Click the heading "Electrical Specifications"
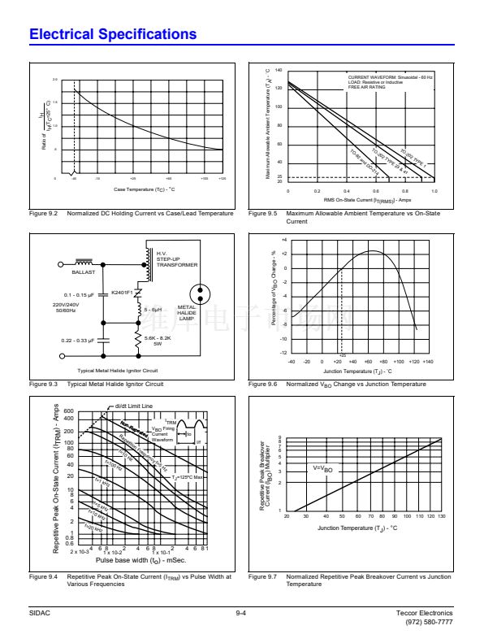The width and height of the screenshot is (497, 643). tap(113, 34)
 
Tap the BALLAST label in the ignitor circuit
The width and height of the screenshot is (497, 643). tap(85, 272)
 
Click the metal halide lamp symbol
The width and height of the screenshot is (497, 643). tap(200, 293)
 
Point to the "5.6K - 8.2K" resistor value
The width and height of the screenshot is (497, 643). tap(158, 338)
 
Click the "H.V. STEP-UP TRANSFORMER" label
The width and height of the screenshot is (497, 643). tap(177, 259)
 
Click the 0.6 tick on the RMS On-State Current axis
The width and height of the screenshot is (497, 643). tap(376, 191)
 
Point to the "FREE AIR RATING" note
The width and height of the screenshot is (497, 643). tap(367, 87)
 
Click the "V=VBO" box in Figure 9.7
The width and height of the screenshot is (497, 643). tap(322, 469)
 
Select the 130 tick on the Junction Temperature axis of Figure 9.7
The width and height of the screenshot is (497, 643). tap(442, 515)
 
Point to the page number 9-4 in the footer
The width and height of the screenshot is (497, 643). tap(241, 612)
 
